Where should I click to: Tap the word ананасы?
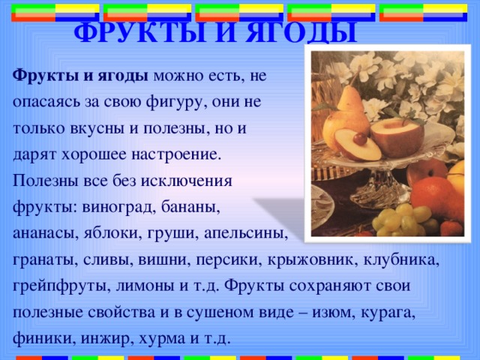pos(41,233)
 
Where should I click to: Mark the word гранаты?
pos(40,259)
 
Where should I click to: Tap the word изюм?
pos(361,312)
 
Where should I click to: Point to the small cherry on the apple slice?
pos(361,139)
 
